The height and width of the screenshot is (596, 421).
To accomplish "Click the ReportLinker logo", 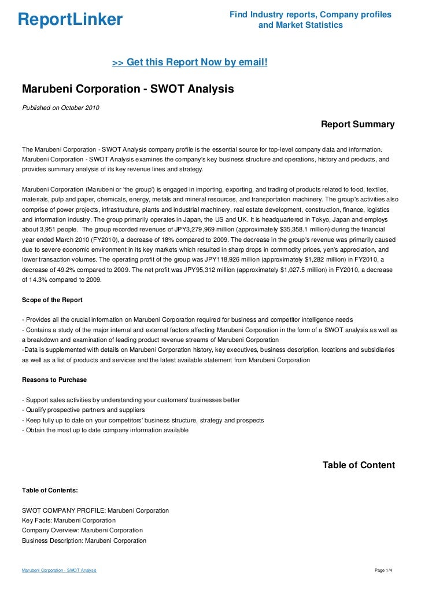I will [70, 20].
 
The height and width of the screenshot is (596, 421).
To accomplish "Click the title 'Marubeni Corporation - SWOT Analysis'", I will [128, 90].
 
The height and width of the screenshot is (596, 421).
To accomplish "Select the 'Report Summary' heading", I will [357, 124].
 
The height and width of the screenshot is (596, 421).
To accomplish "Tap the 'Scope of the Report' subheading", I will [52, 300].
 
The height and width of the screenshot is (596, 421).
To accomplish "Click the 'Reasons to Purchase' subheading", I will [54, 380].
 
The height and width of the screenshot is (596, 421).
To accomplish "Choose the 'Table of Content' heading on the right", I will [359, 465].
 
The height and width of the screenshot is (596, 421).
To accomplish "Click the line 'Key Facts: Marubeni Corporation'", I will [69, 520].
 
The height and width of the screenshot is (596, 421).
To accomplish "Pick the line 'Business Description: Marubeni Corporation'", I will [84, 540].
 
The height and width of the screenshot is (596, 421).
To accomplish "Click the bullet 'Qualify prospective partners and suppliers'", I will [83, 410].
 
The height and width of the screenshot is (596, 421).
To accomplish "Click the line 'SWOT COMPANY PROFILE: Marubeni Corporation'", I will [95, 510].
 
